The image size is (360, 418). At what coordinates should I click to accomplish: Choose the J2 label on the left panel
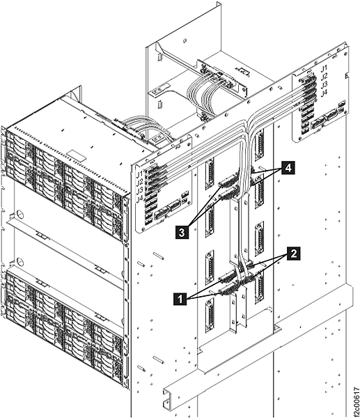140,181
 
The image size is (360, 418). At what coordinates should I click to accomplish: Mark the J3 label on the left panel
140,189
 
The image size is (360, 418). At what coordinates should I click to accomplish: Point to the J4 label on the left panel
140,198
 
